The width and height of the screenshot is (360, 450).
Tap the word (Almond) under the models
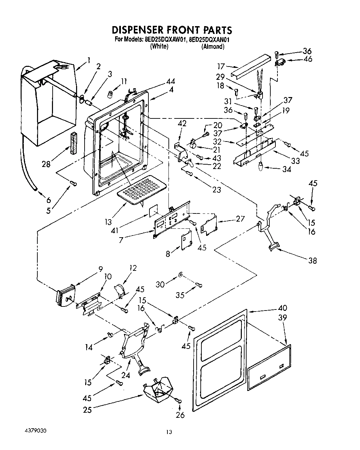(213, 47)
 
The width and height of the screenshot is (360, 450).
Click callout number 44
(171, 82)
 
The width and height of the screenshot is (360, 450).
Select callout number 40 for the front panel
(282, 308)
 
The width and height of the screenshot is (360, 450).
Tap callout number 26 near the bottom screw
(180, 415)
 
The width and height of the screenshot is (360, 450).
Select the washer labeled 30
(181, 274)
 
